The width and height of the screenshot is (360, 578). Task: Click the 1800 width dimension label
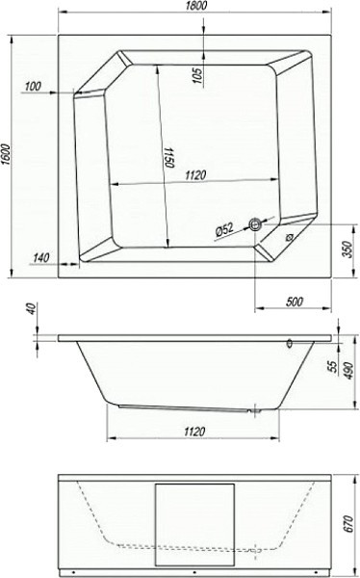pos(194,6)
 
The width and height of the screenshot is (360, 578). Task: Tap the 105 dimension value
pos(198,75)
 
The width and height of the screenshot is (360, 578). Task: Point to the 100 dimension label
pos(33,87)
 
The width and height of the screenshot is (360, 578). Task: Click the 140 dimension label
pos(40,257)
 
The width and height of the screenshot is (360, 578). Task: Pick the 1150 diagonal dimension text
pos(169,157)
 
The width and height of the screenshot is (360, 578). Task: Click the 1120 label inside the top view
pos(195,175)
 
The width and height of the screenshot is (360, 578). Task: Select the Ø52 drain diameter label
pos(224,230)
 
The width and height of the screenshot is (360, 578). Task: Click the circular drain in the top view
pos(255,224)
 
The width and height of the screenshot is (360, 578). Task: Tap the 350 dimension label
pos(349,250)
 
